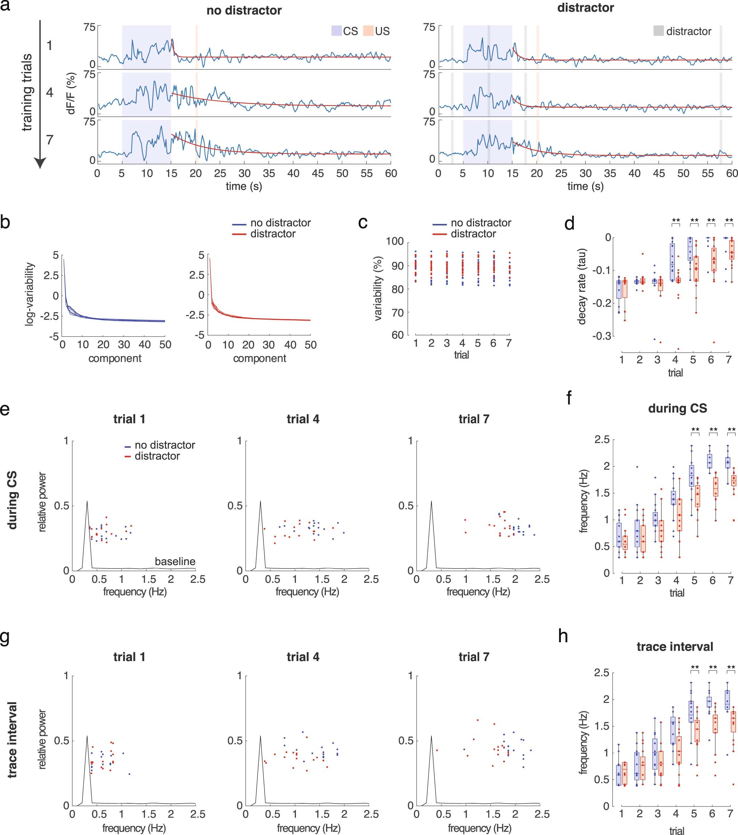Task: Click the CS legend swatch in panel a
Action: point(336,31)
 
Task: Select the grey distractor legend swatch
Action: point(658,31)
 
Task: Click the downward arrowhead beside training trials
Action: point(40,163)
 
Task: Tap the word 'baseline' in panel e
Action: point(175,561)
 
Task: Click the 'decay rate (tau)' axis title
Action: point(582,286)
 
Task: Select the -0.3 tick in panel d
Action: point(602,336)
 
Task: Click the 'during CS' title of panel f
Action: point(677,408)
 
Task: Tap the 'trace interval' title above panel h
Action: point(675,647)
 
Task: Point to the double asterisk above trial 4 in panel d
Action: point(675,221)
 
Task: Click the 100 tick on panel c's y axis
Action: point(395,241)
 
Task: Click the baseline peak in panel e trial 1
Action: point(87,502)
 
